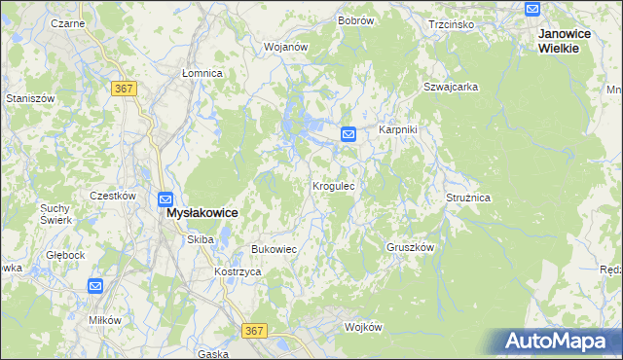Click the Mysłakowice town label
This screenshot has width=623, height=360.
pos(202,212)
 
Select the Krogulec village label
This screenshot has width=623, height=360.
pos(339,185)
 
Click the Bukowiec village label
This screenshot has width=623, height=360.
pos(274,249)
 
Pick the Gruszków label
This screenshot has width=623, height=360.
pos(409,247)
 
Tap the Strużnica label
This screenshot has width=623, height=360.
pos(468,197)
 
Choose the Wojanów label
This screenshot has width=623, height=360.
pos(286,46)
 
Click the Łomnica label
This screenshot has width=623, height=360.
pos(202,73)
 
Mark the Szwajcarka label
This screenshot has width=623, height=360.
pos(451,87)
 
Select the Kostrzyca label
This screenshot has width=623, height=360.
pos(238,271)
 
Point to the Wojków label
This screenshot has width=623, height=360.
pos(363,327)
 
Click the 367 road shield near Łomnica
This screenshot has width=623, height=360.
pos(124,89)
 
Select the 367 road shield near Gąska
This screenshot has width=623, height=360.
pos(254,331)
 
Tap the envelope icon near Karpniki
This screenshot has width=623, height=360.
pos(349,133)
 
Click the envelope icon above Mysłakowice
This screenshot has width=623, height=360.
pos(165,198)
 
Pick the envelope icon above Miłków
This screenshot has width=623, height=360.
pos(95,286)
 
